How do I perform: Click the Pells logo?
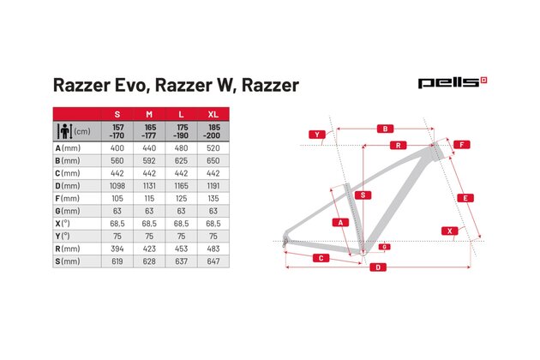pyautogui.click(x=452, y=83)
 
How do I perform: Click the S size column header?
pyautogui.click(x=117, y=114)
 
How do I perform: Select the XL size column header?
pyautogui.click(x=212, y=114)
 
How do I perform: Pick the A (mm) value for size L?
pyautogui.click(x=181, y=148)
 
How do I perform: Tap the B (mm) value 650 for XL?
pyautogui.click(x=212, y=160)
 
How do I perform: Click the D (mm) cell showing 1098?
pyautogui.click(x=117, y=185)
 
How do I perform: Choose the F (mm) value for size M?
pyautogui.click(x=149, y=198)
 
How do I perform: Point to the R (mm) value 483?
pyautogui.click(x=212, y=248)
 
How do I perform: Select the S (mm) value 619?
pyautogui.click(x=117, y=261)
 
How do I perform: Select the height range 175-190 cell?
pyautogui.click(x=181, y=131)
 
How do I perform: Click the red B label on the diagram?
pyautogui.click(x=385, y=129)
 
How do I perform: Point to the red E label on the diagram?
pyautogui.click(x=464, y=198)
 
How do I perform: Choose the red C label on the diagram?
pyautogui.click(x=320, y=257)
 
